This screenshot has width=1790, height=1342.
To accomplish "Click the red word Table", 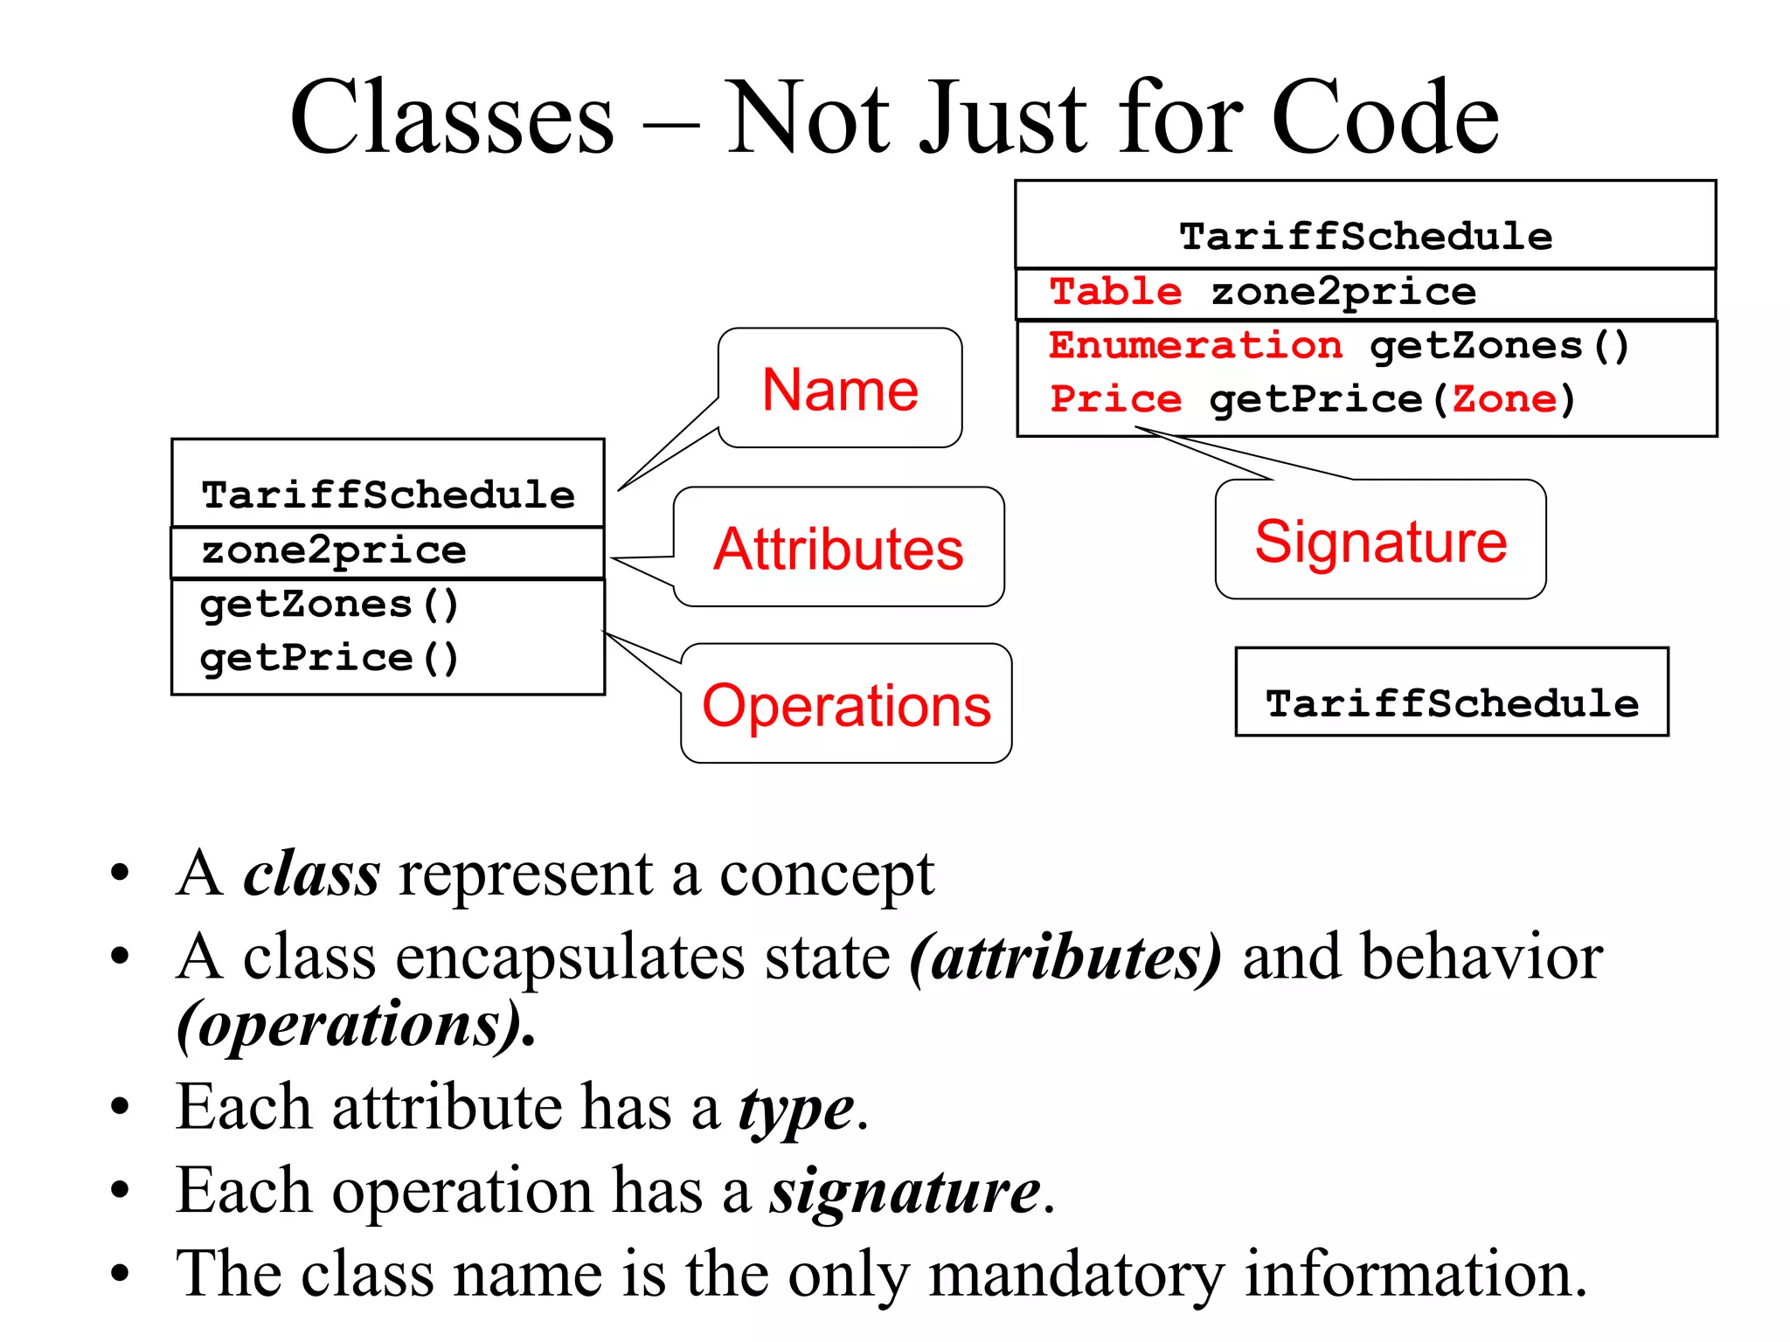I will point(1115,291).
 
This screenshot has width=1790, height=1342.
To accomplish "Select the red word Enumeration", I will point(1195,346).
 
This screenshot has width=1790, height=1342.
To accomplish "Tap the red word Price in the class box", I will point(1115,399).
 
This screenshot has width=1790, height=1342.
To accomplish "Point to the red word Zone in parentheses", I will point(1504,399).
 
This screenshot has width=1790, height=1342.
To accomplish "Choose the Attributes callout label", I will point(838,549).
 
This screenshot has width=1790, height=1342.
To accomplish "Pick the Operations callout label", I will point(846,705).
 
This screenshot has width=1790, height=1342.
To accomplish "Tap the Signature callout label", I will point(1380,541).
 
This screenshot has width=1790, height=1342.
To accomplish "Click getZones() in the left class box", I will point(329,605).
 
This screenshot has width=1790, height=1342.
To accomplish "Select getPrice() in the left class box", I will point(329,658).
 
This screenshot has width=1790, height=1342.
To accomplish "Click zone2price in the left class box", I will point(334,550).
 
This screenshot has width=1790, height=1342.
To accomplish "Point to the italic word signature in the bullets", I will point(905,1192).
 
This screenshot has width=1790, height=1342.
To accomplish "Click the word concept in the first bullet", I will point(826,875).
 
